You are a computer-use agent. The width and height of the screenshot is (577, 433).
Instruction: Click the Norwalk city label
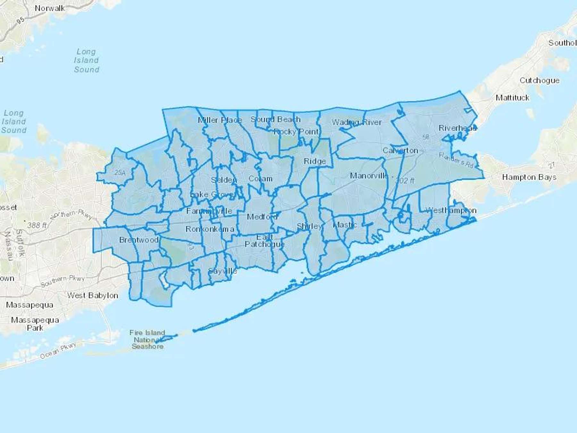(50, 8)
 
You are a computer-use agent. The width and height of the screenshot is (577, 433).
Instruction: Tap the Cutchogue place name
(539, 81)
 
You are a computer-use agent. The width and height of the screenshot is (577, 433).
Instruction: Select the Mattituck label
(512, 98)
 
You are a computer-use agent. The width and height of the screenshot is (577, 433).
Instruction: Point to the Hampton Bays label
(529, 177)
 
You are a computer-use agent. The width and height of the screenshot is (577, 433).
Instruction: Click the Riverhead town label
(457, 128)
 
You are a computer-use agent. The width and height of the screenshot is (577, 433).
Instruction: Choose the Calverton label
(400, 150)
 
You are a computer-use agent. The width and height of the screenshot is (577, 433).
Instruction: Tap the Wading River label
(356, 122)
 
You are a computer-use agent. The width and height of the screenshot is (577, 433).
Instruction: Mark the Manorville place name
(369, 176)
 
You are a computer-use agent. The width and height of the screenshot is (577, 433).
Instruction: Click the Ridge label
(314, 161)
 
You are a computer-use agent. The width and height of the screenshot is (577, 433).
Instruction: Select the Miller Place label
(220, 120)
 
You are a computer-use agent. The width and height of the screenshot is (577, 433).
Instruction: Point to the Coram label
(260, 179)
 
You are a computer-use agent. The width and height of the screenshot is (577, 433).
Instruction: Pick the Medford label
(262, 217)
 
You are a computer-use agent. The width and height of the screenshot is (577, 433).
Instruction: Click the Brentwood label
(139, 240)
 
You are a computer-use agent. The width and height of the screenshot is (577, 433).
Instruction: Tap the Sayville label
(222, 271)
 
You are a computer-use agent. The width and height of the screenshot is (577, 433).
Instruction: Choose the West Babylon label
(92, 295)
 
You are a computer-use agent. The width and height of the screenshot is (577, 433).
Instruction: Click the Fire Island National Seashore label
(147, 340)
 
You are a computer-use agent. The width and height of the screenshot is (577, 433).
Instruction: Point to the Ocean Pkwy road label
(58, 351)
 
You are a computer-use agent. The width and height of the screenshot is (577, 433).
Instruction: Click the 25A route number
(120, 173)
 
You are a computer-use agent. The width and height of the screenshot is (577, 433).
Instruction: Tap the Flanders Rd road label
(456, 160)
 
